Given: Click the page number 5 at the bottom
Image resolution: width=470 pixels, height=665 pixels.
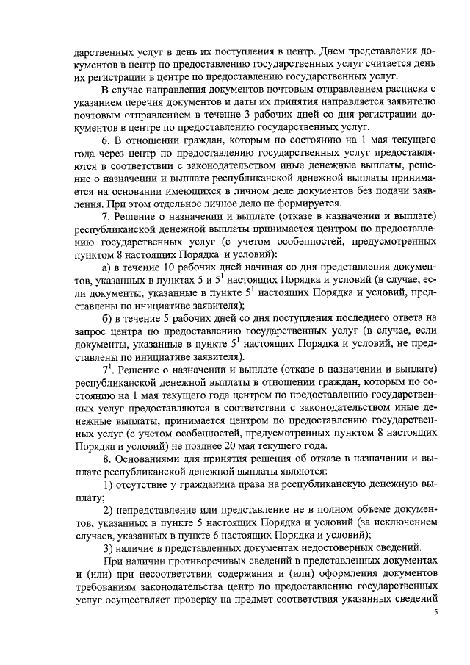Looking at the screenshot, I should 435,611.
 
